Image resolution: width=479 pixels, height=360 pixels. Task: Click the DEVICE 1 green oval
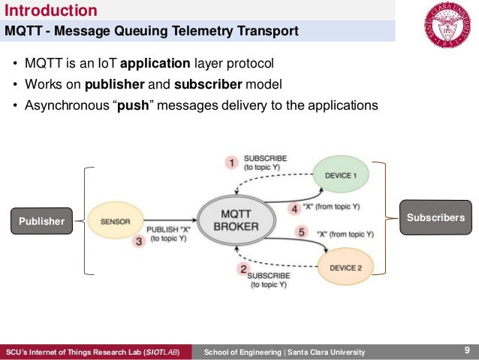(x=342, y=174)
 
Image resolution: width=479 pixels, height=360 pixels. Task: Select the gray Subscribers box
(x=435, y=217)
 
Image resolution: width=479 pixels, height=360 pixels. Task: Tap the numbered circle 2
(x=242, y=269)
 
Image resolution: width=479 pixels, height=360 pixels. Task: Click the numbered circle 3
(x=137, y=241)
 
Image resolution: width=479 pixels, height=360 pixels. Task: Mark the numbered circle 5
(x=302, y=233)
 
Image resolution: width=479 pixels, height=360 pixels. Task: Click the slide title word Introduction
(x=51, y=11)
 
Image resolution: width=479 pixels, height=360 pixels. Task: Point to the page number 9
(x=467, y=350)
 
